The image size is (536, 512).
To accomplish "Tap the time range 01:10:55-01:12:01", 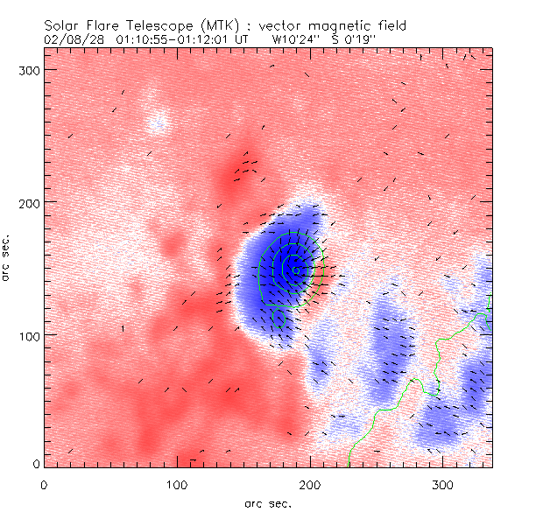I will coord(174,39).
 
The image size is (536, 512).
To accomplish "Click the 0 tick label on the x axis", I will coord(44,483).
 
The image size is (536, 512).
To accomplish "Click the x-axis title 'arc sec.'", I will coord(267,503).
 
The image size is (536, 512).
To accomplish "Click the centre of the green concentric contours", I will coord(296,270).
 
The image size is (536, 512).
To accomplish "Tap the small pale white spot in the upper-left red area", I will coord(158,122).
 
